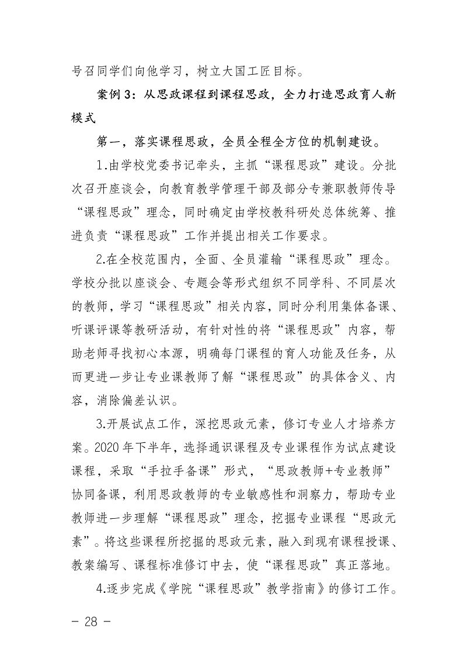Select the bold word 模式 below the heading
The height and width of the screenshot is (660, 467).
[82, 117]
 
